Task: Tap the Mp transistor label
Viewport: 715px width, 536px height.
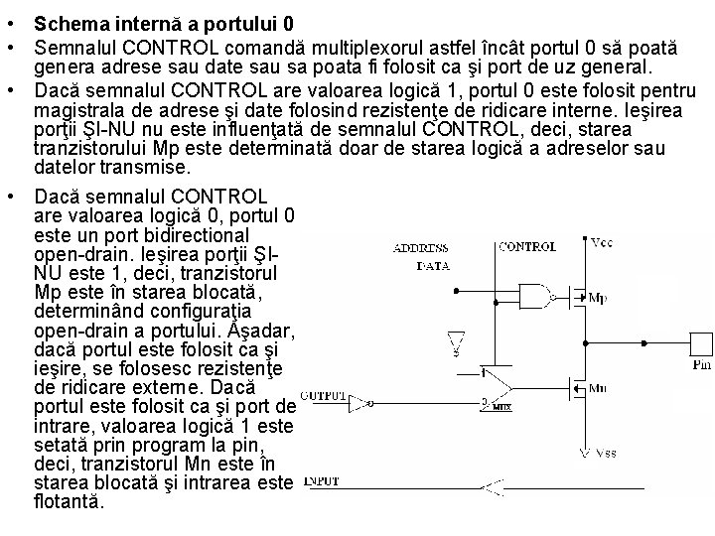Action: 598,298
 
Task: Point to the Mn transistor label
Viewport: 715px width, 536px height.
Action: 598,389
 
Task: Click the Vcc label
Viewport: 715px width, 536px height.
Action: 602,243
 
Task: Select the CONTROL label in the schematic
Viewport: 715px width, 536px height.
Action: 527,246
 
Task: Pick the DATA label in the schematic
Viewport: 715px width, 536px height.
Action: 431,266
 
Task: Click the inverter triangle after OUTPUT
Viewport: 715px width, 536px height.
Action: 369,404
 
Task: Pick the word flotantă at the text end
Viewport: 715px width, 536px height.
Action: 68,502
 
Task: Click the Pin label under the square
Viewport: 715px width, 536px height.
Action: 701,365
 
